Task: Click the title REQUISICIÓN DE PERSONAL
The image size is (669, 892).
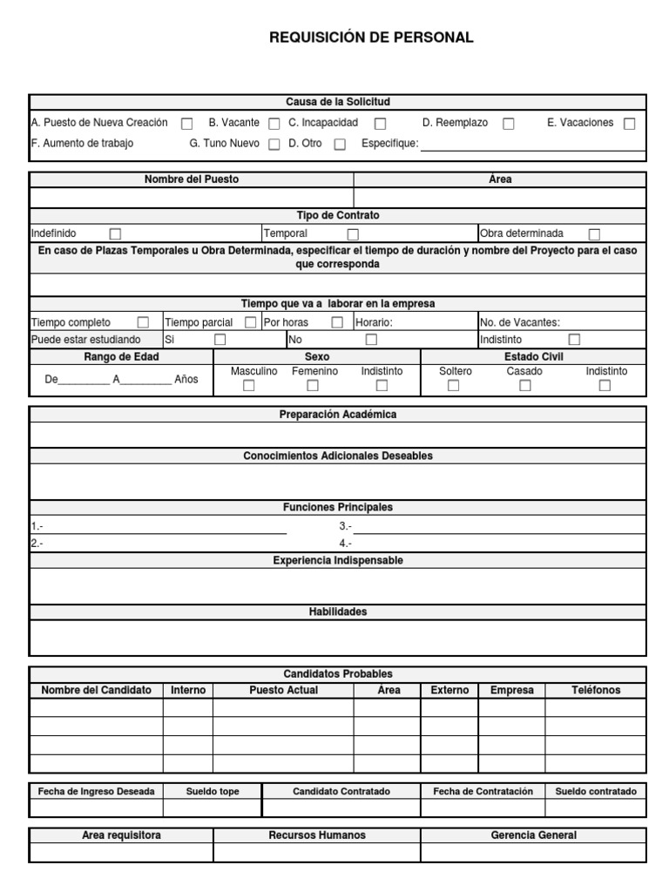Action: coord(371,37)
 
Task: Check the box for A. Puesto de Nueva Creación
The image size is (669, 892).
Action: coord(186,124)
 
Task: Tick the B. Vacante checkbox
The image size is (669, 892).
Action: coord(274,124)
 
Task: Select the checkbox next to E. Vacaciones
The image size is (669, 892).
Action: coord(629,124)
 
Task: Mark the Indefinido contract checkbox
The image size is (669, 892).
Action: coord(115,234)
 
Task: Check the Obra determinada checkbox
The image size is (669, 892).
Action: coord(594,234)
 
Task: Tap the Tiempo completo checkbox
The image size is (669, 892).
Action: coord(143,322)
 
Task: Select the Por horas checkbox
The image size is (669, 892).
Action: coord(336,322)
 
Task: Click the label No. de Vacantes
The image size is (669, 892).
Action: coord(520,322)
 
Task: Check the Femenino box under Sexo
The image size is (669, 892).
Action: coord(315,386)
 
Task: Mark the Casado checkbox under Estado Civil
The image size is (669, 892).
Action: coord(524,386)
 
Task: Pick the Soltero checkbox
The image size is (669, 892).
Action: coord(453,386)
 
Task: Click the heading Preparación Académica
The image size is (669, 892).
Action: coord(337,415)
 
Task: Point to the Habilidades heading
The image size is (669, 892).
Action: coord(337,612)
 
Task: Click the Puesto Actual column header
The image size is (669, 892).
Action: coord(283,690)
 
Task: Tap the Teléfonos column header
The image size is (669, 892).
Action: coord(596,690)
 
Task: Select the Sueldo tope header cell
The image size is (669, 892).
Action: coord(212,792)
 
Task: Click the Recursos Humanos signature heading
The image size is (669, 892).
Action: coord(317,835)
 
